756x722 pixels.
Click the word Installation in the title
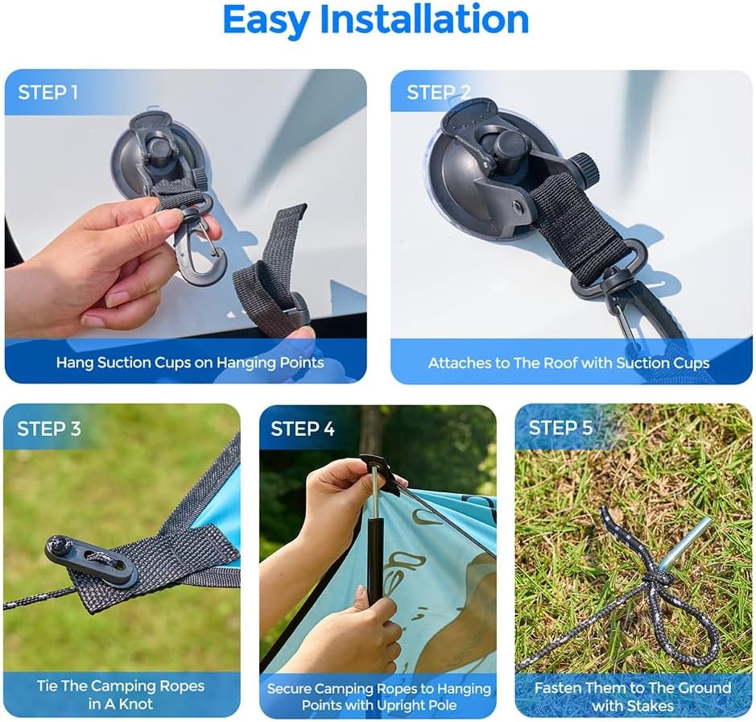[x=424, y=19]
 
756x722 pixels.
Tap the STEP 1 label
[x=48, y=92]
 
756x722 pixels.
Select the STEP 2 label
[x=438, y=92]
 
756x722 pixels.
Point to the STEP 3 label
[x=48, y=429]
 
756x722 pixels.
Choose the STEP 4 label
[x=302, y=429]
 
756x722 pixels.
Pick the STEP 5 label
[x=560, y=428]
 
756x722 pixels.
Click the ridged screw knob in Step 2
[x=585, y=170]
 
